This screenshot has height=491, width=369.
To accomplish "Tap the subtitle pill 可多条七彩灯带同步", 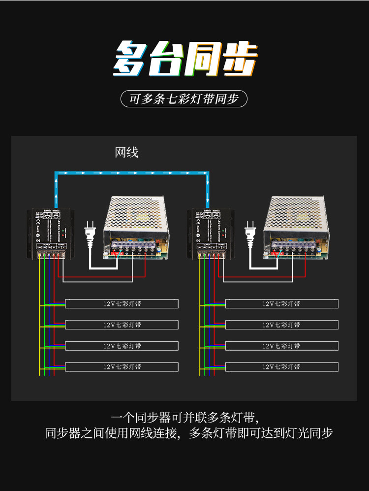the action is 184,98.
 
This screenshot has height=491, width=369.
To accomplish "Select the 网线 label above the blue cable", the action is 126,152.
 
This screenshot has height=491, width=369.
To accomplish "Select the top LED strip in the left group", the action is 122,304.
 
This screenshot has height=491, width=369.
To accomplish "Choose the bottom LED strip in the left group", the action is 122,367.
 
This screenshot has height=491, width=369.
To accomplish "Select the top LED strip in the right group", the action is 281,304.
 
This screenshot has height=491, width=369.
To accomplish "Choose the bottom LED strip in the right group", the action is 281,367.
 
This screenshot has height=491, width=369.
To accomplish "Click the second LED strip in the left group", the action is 122,325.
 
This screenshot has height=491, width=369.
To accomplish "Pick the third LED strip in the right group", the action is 281,346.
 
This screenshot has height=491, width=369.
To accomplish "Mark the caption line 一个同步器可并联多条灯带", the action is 184,418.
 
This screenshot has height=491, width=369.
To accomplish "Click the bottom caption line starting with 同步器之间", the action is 189,434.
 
